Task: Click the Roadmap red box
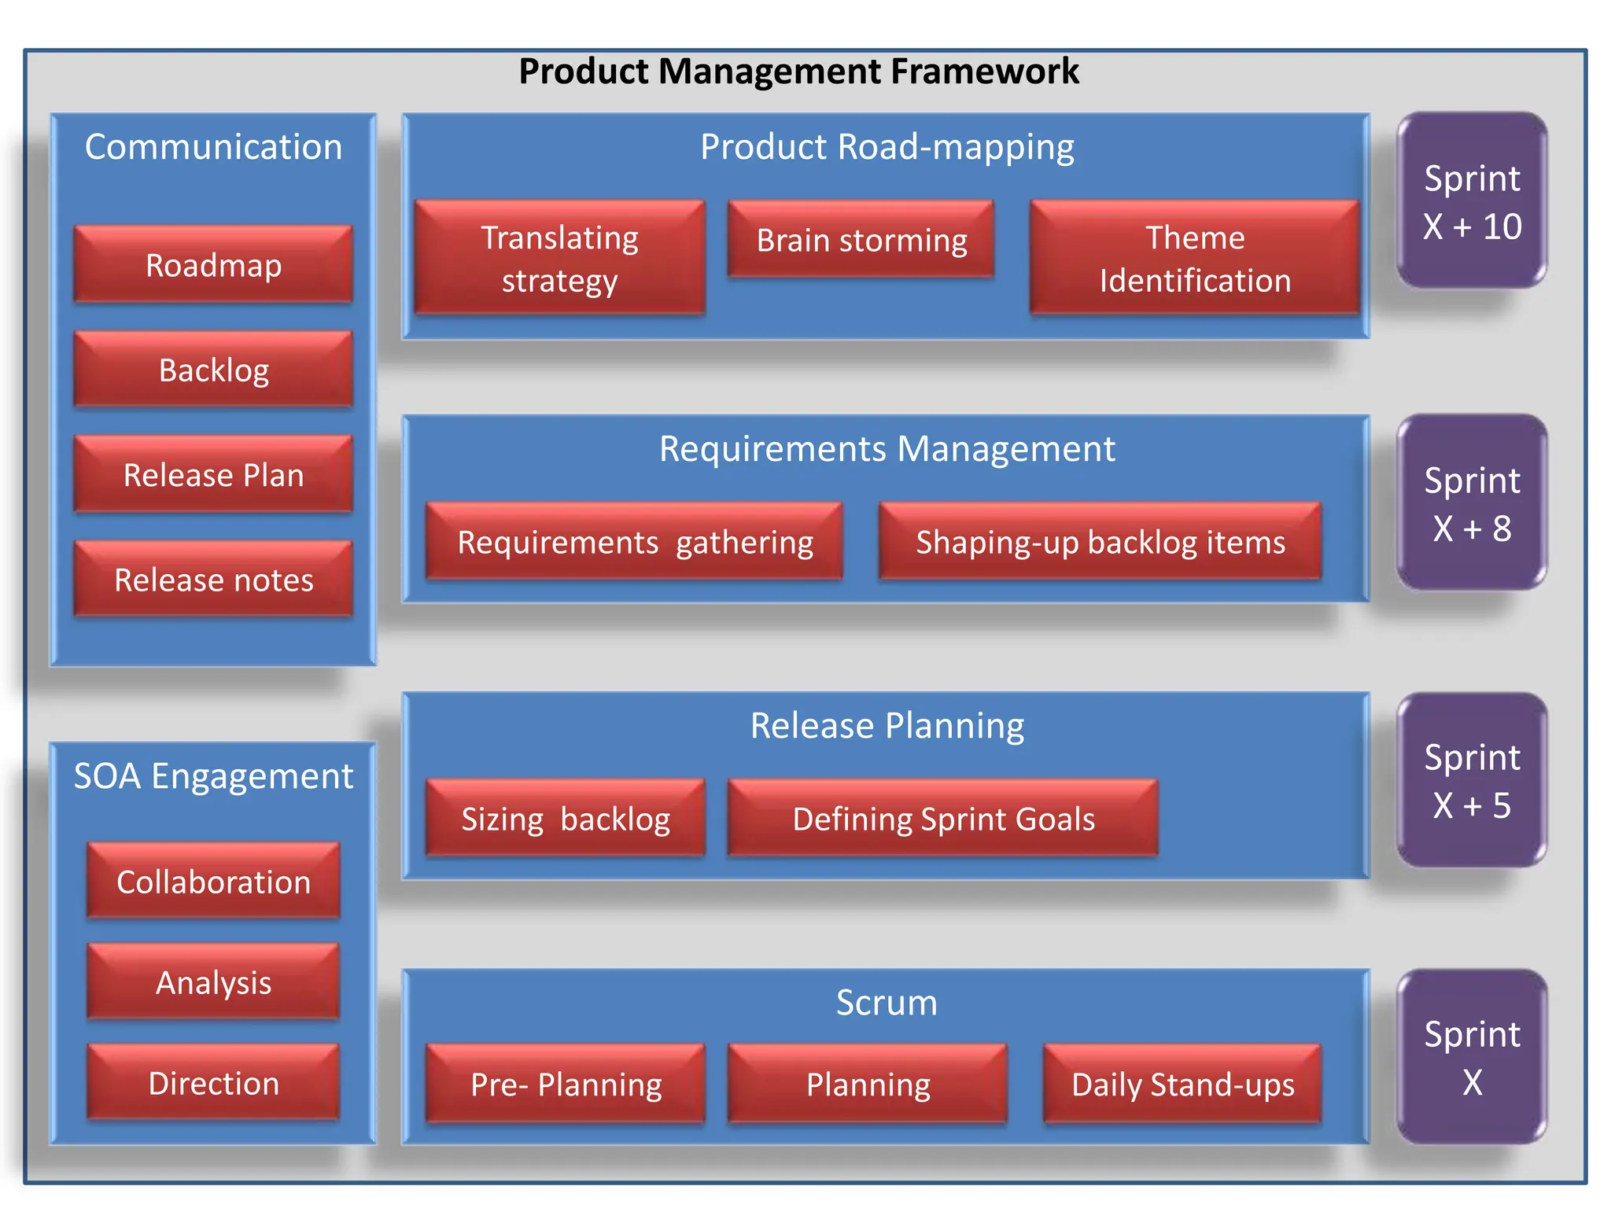pyautogui.click(x=213, y=265)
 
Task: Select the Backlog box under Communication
pyautogui.click(x=213, y=370)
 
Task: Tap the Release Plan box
pyautogui.click(x=213, y=474)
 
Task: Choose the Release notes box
pyautogui.click(x=213, y=580)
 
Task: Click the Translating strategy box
pyautogui.click(x=559, y=258)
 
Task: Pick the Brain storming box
pyautogui.click(x=861, y=240)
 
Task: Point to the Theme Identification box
pyautogui.click(x=1195, y=258)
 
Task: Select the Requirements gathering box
pyautogui.click(x=634, y=542)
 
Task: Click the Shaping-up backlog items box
pyautogui.click(x=1100, y=542)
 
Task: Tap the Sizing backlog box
pyautogui.click(x=565, y=819)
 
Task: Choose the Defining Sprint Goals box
pyautogui.click(x=943, y=819)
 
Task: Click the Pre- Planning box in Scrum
pyautogui.click(x=565, y=1084)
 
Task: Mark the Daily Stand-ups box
pyautogui.click(x=1182, y=1084)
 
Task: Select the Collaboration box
pyautogui.click(x=213, y=881)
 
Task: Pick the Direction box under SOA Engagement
pyautogui.click(x=213, y=1082)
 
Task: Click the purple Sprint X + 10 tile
pyautogui.click(x=1472, y=201)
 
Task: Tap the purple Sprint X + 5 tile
pyautogui.click(x=1472, y=780)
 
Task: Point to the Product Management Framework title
pyautogui.click(x=798, y=71)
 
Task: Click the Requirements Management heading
pyautogui.click(x=887, y=448)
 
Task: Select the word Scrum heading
pyautogui.click(x=887, y=1002)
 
